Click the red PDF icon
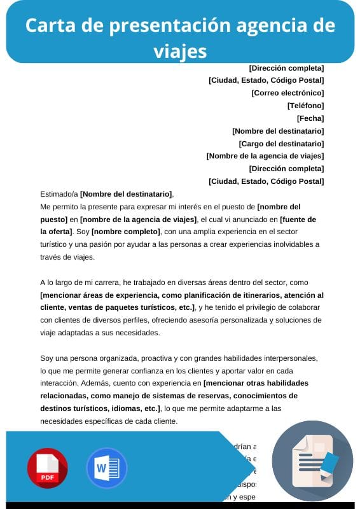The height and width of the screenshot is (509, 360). (x=47, y=468)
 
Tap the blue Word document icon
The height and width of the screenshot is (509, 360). (x=106, y=468)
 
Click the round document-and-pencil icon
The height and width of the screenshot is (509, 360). (x=312, y=461)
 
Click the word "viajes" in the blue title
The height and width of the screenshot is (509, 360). (x=180, y=50)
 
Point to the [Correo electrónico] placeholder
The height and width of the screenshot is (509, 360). (x=287, y=93)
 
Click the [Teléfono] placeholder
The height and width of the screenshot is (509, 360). (x=305, y=106)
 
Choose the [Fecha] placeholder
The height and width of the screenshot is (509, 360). (x=310, y=118)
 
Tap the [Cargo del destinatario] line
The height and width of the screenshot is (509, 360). (x=281, y=144)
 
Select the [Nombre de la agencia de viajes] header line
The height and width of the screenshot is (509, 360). (x=265, y=156)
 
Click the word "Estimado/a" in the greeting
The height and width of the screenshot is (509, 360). (x=59, y=194)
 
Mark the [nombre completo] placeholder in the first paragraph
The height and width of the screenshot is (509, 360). (x=126, y=232)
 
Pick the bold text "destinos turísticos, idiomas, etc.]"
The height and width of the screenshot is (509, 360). (x=100, y=408)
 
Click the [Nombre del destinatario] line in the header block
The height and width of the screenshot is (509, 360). (x=278, y=131)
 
